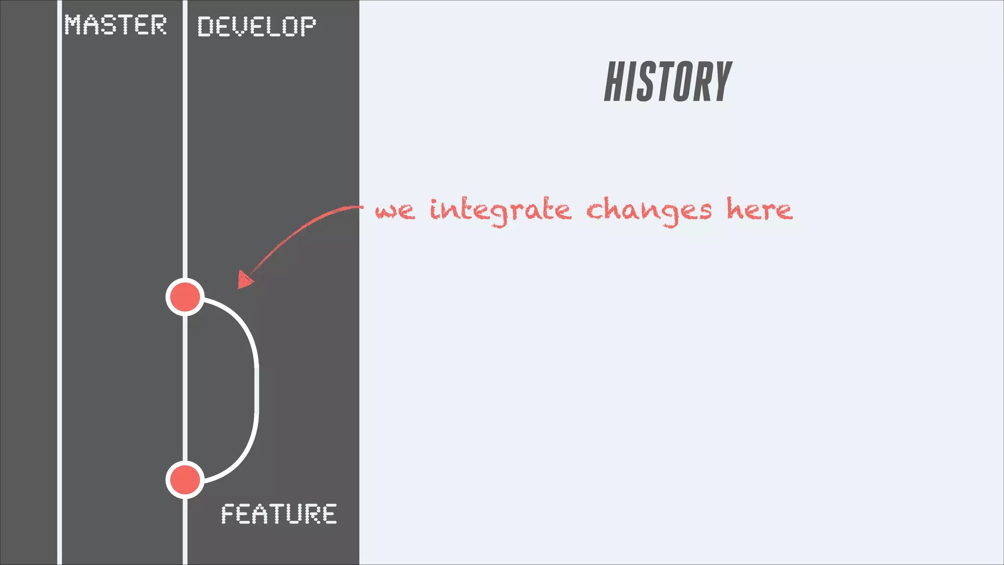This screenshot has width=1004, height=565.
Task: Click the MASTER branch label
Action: (x=116, y=25)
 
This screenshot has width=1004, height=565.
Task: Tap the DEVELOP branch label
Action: (x=256, y=26)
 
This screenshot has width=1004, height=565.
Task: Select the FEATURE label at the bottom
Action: (x=278, y=514)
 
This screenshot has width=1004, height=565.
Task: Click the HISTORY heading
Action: (x=668, y=82)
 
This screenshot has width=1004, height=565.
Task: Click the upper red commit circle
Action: (x=185, y=297)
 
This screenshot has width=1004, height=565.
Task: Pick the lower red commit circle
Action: (x=185, y=479)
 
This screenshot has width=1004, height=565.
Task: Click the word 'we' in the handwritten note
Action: (x=395, y=211)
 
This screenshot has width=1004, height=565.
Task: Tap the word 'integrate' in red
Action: (x=500, y=211)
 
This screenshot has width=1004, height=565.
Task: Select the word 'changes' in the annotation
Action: (x=648, y=211)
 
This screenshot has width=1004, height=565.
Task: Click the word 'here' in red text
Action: (x=759, y=210)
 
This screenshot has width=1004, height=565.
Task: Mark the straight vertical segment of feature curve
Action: (x=256, y=390)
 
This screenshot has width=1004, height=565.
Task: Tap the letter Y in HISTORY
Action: (x=721, y=82)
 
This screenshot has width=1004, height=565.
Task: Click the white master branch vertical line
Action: (x=59, y=294)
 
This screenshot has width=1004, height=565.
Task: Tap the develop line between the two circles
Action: (x=185, y=387)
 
